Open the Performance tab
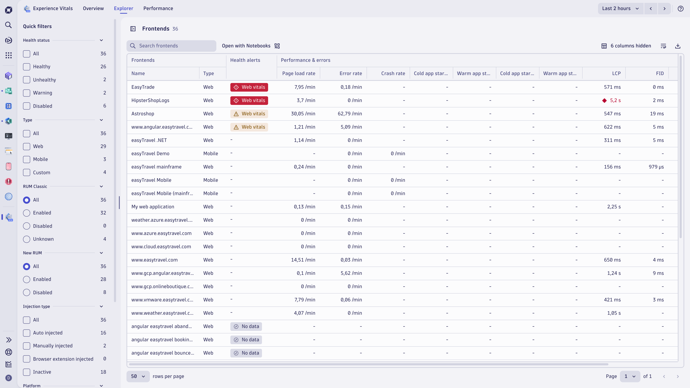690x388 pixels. click(x=158, y=8)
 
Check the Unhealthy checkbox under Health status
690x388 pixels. click(x=27, y=80)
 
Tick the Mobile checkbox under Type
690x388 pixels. click(x=27, y=159)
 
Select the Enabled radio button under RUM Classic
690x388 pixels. click(x=27, y=213)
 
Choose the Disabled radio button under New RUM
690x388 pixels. click(x=27, y=292)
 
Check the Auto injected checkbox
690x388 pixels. click(x=27, y=333)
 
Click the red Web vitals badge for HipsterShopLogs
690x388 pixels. click(x=249, y=100)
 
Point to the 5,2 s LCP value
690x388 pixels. click(x=615, y=100)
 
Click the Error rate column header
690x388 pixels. click(x=350, y=73)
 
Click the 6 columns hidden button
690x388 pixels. click(x=626, y=46)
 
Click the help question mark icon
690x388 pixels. click(x=680, y=8)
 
